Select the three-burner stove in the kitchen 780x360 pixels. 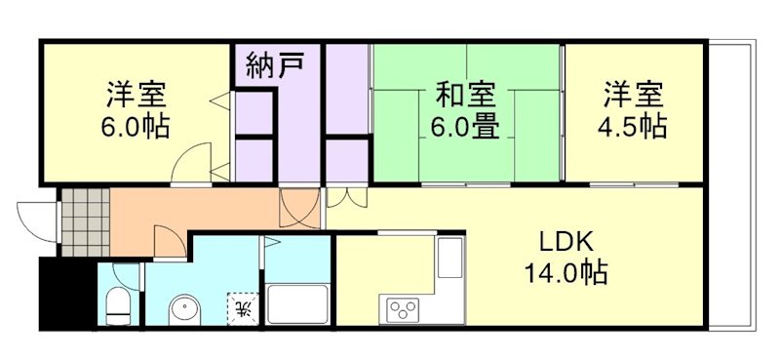pyautogui.click(x=403, y=309)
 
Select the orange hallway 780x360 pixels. pyautogui.click(x=195, y=210)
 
